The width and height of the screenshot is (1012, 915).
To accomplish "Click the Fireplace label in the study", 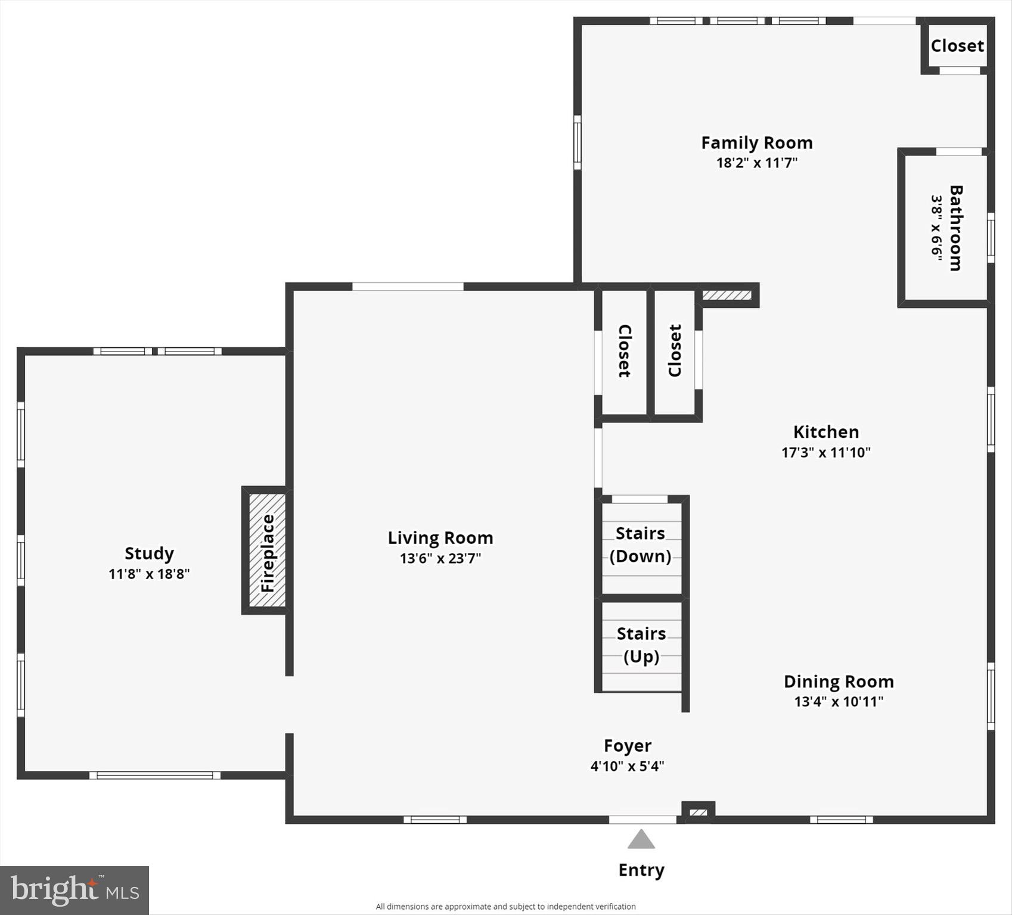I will click(268, 552).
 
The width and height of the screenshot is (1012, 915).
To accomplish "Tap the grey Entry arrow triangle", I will click(641, 840).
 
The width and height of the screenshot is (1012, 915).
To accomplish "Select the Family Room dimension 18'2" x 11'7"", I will click(756, 163).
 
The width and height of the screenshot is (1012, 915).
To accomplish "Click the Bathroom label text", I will click(955, 228).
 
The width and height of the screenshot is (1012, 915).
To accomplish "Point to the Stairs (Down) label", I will click(641, 544).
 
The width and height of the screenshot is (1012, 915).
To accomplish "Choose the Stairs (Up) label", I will click(641, 645).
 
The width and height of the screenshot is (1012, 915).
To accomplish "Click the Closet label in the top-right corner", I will click(957, 46).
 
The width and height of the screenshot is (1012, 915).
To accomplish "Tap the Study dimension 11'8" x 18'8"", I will click(149, 574).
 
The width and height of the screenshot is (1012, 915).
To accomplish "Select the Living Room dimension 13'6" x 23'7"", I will click(440, 558).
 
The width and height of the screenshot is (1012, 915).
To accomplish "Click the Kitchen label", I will click(826, 432).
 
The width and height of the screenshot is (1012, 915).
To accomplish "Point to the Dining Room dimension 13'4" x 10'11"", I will click(839, 701).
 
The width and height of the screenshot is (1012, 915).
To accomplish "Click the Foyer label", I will click(627, 746).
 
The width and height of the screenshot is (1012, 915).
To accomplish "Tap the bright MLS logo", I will click(74, 890).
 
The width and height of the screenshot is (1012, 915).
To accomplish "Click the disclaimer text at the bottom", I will click(505, 906).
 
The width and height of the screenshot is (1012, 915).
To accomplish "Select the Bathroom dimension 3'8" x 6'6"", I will click(937, 228).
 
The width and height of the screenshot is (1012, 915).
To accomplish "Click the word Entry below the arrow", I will click(641, 870).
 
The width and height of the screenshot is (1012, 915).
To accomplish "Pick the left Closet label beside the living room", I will click(624, 351).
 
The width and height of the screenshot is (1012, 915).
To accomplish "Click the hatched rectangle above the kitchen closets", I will click(727, 295).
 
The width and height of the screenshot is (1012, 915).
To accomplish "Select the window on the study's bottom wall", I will click(155, 775).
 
